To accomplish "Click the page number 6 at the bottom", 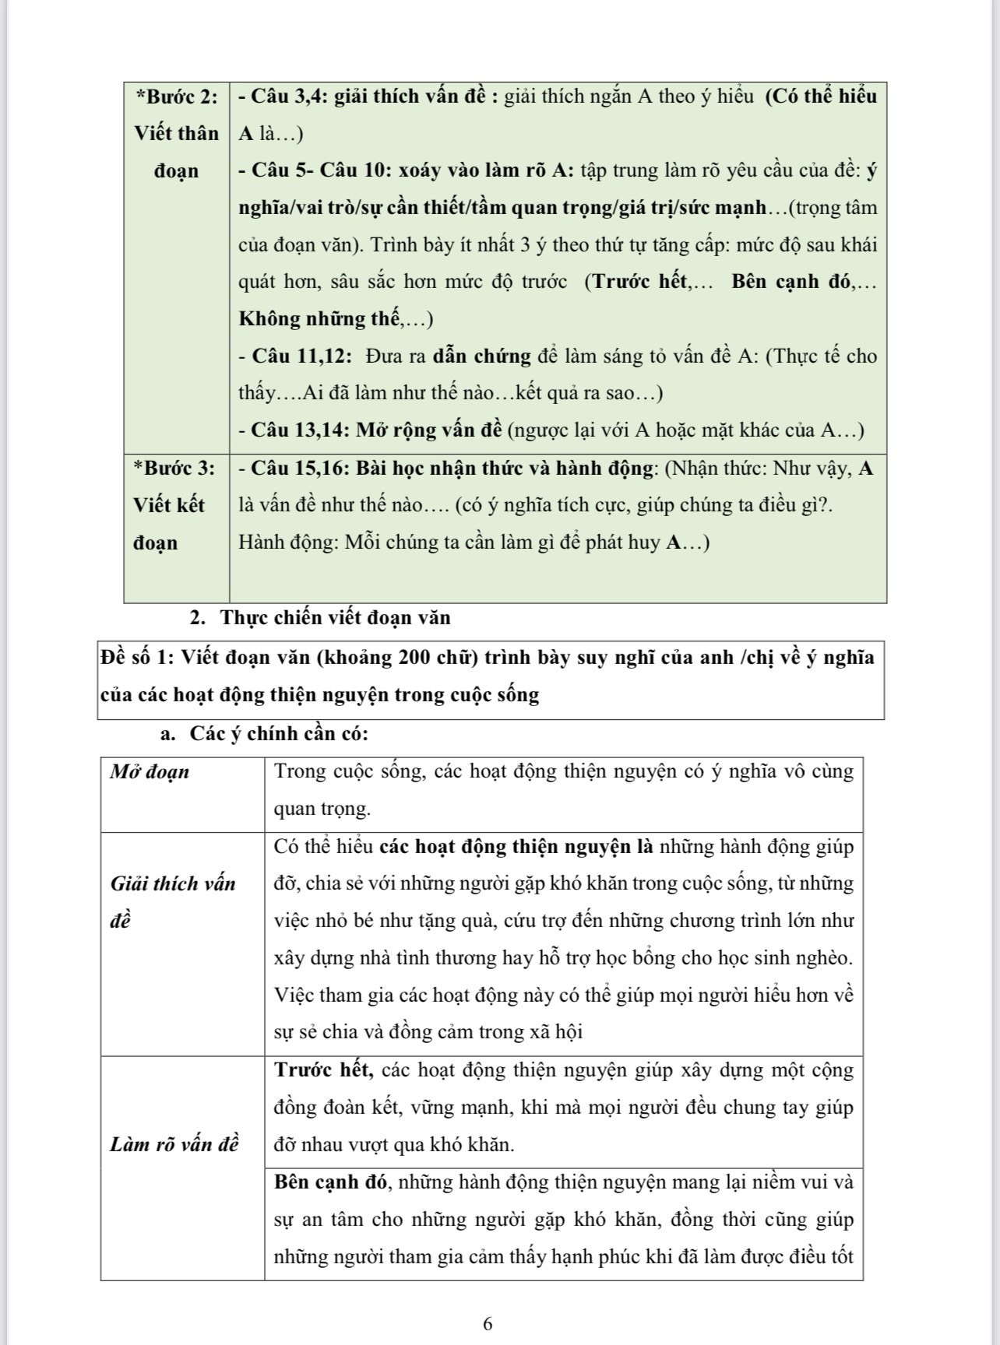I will (488, 1324).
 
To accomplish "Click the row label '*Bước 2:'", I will (177, 97).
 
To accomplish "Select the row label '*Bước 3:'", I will (174, 469).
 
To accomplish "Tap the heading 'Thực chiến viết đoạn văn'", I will (335, 618).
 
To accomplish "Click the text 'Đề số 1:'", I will (136, 658).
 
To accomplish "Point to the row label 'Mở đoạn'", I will (150, 772).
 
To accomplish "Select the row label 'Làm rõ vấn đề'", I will (174, 1145).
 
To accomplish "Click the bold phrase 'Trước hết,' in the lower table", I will (324, 1070).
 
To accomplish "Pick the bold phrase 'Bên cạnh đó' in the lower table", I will (330, 1182).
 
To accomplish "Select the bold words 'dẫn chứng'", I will (482, 356).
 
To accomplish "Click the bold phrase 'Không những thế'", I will (319, 319).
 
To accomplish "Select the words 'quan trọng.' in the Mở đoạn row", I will (322, 809).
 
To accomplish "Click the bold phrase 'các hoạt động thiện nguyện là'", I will (516, 847).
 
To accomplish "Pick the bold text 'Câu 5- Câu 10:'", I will (320, 170).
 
